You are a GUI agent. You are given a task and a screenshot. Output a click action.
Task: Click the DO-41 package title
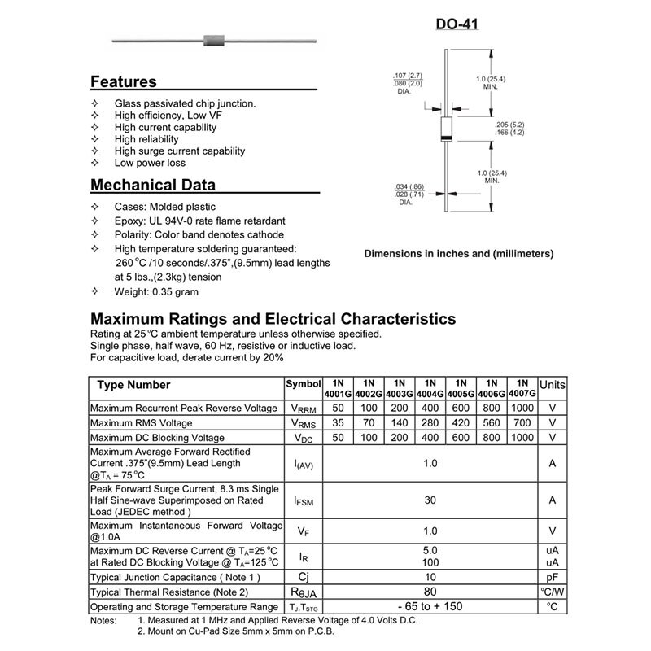457,24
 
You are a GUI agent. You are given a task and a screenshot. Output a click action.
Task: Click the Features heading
123,81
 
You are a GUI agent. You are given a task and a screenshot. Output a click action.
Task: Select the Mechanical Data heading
153,184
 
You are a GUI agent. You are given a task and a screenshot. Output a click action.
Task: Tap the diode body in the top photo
213,40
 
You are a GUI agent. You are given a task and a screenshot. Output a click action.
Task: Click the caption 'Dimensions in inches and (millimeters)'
458,253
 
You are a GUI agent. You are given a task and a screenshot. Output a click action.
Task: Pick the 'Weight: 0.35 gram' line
156,291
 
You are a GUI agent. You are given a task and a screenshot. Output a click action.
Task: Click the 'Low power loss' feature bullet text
150,163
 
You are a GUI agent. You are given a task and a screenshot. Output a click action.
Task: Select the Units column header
553,385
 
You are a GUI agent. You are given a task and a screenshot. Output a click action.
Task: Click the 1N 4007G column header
522,387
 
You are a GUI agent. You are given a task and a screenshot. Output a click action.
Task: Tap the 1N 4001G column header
338,387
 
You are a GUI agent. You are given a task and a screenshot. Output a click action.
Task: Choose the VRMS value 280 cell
430,422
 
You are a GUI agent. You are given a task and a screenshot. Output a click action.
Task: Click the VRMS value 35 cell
338,422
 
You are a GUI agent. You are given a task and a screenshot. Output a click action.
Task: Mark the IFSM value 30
430,500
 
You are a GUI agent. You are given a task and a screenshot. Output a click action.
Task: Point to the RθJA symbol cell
303,592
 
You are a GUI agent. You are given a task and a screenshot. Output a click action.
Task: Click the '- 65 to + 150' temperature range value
430,607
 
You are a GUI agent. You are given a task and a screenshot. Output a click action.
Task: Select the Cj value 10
430,576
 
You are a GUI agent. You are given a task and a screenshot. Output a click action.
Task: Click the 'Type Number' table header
134,385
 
